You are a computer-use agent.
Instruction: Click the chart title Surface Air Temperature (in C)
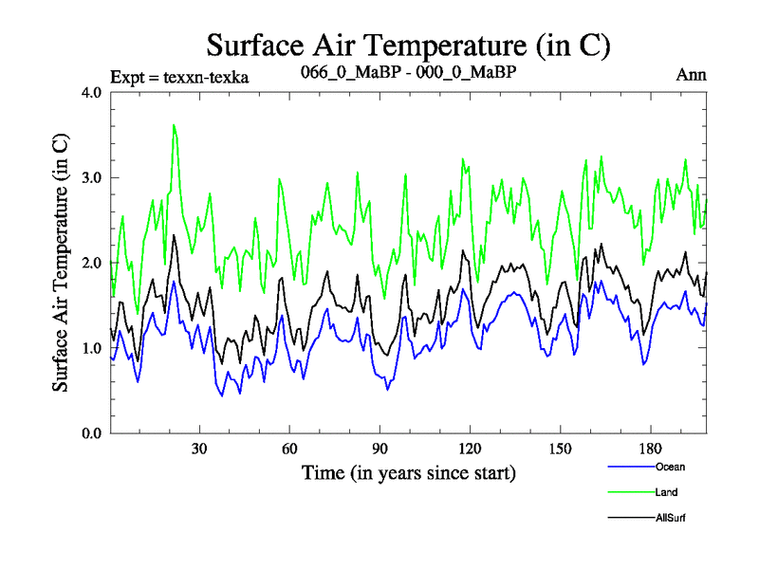click(x=408, y=45)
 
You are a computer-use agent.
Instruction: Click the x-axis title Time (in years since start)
click(x=408, y=472)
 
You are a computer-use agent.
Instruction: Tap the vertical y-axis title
click(x=60, y=263)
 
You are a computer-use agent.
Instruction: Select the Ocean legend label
click(x=669, y=467)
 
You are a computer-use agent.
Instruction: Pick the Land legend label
click(x=666, y=492)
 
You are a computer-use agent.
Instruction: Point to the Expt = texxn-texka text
click(x=179, y=77)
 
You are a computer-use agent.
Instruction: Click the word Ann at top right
click(x=691, y=75)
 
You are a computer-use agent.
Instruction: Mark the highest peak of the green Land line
click(x=174, y=125)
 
